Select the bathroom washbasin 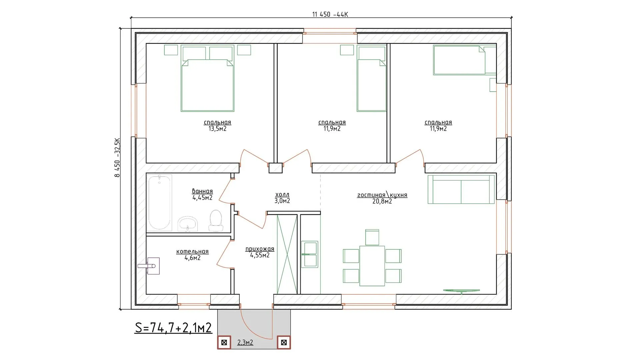click(x=188, y=223)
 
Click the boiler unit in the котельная click(x=152, y=266)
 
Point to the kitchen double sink click(x=310, y=254)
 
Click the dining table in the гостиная click(x=372, y=266)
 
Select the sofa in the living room click(x=461, y=189)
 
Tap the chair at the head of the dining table click(x=372, y=237)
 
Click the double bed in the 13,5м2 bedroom click(x=207, y=78)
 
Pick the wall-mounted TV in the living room click(x=461, y=291)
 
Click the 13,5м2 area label click(x=217, y=129)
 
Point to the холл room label click(x=282, y=194)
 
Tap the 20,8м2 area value click(x=382, y=201)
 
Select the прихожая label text click(x=260, y=249)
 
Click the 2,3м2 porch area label click(x=245, y=342)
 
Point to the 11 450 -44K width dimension click(x=330, y=14)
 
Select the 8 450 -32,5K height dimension click(x=117, y=157)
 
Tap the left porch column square click(x=224, y=342)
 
